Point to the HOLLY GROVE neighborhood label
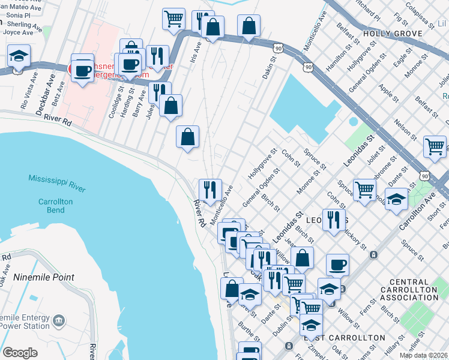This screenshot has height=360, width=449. pos(393,34)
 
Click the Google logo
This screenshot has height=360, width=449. pos(20,352)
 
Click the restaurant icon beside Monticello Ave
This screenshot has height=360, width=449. pos(210,190)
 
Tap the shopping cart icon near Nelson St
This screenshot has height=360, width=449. pos(434,146)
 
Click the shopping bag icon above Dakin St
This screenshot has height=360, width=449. pos(249,26)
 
